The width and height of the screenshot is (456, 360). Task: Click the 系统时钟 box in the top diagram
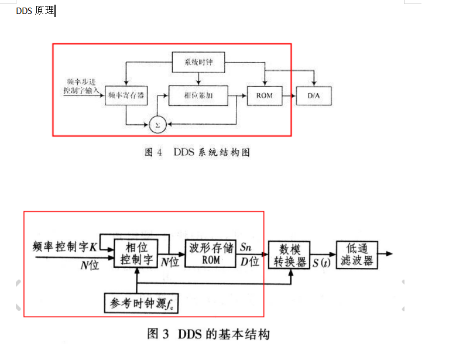(x=198, y=62)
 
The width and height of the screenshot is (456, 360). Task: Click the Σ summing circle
(x=156, y=124)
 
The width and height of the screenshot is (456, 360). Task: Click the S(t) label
(x=321, y=263)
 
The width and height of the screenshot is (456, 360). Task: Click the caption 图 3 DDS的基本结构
(x=208, y=334)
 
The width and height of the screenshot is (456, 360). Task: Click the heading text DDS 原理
(x=35, y=11)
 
